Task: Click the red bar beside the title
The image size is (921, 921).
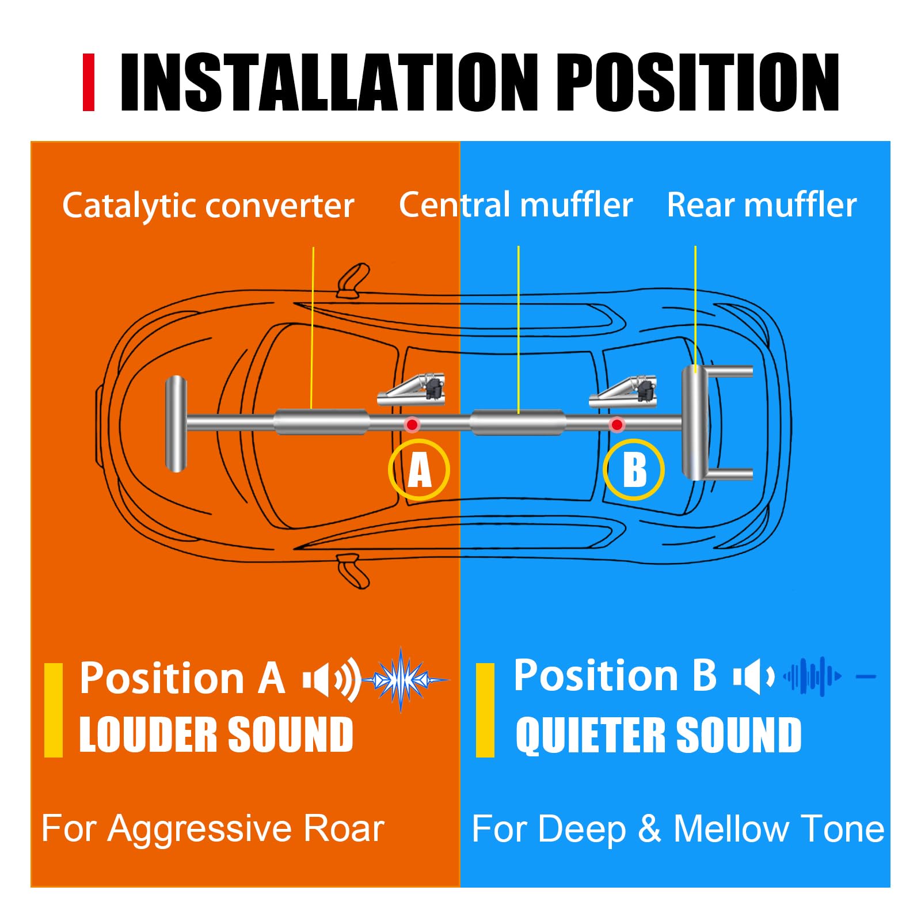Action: click(88, 82)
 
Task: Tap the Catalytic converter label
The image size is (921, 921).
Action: click(208, 205)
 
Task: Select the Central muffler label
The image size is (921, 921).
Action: click(516, 205)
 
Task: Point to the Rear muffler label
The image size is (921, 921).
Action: click(762, 205)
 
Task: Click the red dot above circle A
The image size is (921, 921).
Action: click(412, 425)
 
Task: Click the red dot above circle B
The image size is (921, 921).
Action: click(617, 425)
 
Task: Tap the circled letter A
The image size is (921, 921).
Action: click(419, 470)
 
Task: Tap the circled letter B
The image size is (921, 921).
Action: click(634, 470)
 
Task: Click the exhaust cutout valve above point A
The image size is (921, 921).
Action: click(413, 390)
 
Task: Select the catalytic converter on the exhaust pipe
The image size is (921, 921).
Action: click(321, 422)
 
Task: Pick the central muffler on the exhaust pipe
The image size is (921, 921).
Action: click(517, 423)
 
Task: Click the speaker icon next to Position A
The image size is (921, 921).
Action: click(331, 680)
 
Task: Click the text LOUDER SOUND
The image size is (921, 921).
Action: click(216, 734)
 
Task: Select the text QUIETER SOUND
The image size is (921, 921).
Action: click(658, 735)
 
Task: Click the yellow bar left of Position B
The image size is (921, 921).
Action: click(485, 710)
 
